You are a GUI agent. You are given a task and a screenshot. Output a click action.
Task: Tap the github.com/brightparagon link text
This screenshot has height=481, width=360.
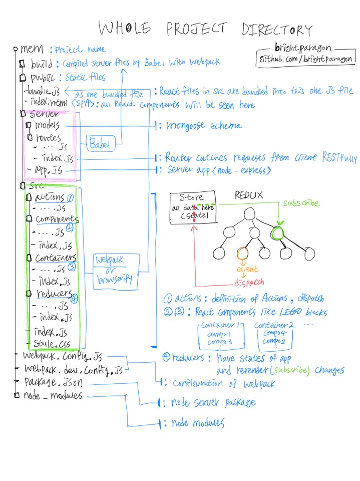coord(307,60)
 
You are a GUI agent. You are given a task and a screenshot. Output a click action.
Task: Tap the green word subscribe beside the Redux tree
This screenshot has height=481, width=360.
coord(301,204)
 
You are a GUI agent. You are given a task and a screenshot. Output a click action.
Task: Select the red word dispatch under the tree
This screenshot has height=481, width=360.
coord(248,282)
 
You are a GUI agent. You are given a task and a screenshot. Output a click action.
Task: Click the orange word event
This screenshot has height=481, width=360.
coord(247,270)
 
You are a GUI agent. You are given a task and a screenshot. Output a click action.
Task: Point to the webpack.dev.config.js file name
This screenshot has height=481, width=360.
coord(73,370)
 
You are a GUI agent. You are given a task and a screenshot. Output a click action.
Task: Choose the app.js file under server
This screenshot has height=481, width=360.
coord(47,170)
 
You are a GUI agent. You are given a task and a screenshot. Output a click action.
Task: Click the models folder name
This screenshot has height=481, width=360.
coord(48,125)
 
